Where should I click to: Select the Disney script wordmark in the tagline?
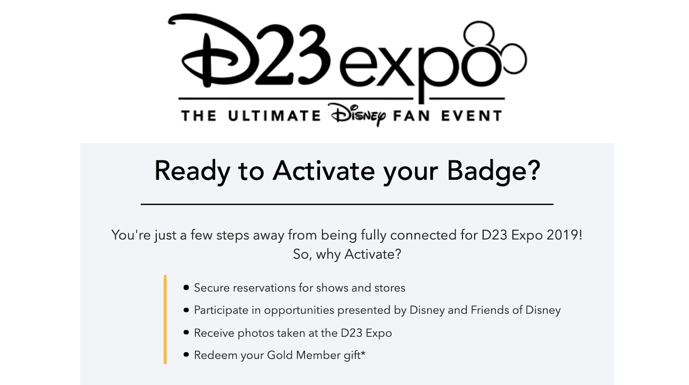(357, 115)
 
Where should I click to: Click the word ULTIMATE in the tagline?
(274, 116)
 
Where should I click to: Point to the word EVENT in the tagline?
(472, 116)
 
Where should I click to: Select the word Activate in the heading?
(324, 170)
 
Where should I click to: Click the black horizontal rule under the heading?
(347, 204)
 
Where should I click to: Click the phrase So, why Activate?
(347, 254)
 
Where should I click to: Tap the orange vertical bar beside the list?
(165, 319)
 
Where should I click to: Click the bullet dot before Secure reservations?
(186, 288)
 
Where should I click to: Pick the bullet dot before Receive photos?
(186, 332)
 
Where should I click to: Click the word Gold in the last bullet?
(279, 355)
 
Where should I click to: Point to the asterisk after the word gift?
(363, 353)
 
